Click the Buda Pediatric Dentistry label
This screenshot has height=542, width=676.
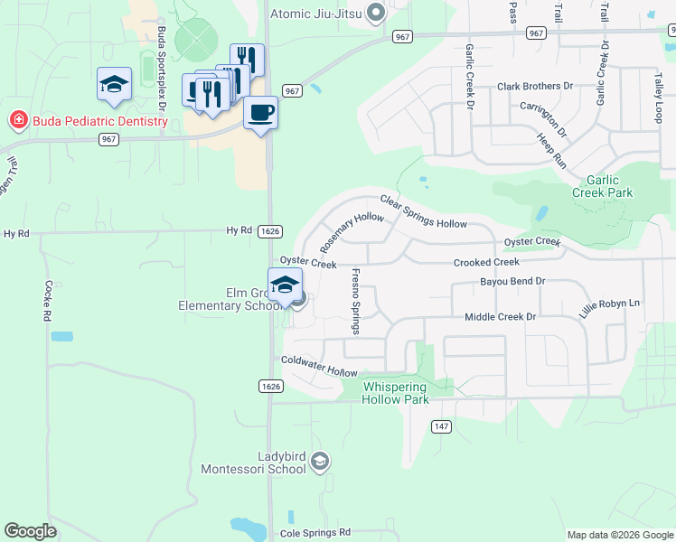pos(86,119)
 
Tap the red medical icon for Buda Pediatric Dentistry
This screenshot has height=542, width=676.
pos(16,119)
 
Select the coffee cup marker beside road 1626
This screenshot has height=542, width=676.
pos(260,113)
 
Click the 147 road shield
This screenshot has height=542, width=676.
pos(441,426)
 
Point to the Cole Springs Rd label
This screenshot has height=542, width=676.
pos(315,533)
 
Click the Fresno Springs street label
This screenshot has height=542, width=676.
pos(355,301)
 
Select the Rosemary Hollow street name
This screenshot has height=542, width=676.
pos(352,230)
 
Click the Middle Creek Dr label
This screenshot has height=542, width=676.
pos(500,317)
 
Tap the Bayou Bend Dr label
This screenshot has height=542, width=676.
pos(511,281)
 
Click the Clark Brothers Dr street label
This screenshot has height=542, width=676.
pos(535,87)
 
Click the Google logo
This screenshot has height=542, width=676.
pos(30,531)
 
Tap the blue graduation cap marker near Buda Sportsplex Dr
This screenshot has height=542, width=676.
pos(115,84)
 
